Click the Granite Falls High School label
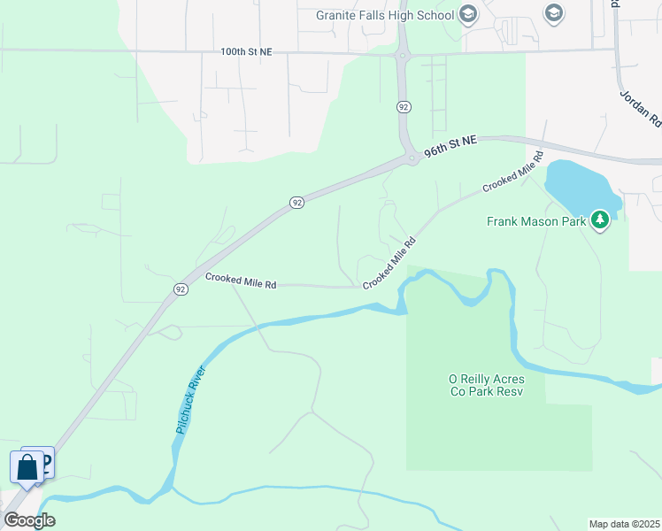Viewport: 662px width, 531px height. (x=385, y=15)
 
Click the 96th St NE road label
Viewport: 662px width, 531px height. (x=450, y=147)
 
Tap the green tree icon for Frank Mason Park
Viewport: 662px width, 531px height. (x=601, y=219)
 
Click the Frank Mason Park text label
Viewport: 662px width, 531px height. (x=536, y=221)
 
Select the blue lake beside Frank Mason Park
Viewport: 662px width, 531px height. (x=580, y=188)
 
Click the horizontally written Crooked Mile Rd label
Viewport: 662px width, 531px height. (x=241, y=280)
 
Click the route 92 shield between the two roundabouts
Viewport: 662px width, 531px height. (x=404, y=106)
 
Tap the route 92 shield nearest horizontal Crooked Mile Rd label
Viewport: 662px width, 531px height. (x=181, y=289)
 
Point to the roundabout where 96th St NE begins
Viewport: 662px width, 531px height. (x=411, y=158)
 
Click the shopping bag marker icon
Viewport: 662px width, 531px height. (x=27, y=466)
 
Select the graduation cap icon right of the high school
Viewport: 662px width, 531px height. (x=554, y=12)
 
